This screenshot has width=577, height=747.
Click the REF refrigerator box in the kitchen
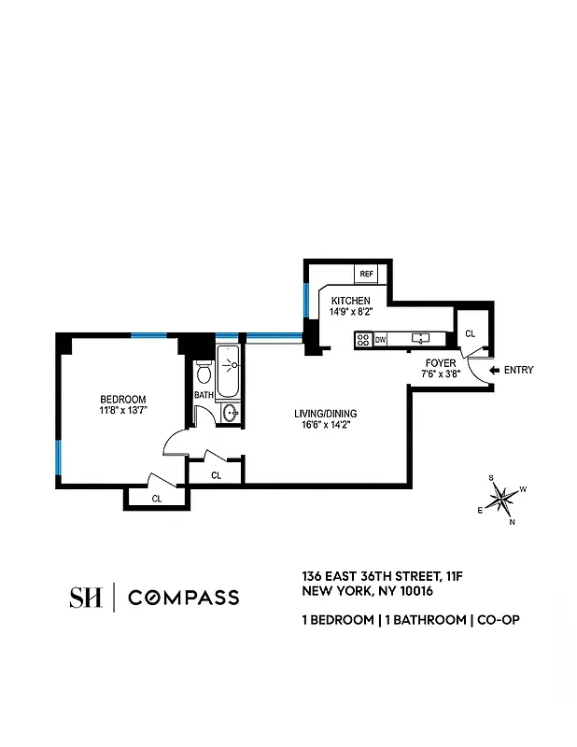(366, 274)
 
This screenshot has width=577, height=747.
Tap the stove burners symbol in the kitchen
(363, 340)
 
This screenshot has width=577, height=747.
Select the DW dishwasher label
(381, 340)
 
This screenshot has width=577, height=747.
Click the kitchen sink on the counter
(420, 339)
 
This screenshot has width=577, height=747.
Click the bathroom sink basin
(230, 412)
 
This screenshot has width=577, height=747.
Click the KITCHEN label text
(350, 300)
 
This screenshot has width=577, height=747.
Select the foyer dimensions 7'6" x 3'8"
(440, 374)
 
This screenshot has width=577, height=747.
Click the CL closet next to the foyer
(470, 333)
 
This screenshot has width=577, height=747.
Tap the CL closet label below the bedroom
(157, 499)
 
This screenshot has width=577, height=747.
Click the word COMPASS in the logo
(183, 598)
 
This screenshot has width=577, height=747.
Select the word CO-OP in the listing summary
(499, 620)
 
